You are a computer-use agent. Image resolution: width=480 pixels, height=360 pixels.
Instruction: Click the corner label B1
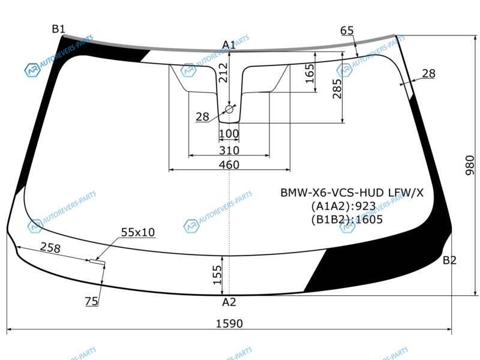(58, 29)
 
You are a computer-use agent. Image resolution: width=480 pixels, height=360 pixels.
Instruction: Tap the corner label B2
(449, 260)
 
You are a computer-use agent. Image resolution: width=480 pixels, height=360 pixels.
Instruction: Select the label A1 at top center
(229, 45)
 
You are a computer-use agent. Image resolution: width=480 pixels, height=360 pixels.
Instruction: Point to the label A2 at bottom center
(229, 302)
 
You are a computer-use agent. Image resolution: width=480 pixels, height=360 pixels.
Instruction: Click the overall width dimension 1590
(229, 323)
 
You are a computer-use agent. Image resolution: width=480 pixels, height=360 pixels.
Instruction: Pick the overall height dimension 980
(470, 166)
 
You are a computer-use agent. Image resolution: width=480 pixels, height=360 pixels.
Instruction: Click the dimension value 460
(229, 164)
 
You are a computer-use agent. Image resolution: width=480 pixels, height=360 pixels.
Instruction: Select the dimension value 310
(229, 151)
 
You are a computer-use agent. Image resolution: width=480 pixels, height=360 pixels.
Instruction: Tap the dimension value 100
(229, 134)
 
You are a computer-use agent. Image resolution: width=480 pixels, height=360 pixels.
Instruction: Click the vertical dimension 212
(223, 73)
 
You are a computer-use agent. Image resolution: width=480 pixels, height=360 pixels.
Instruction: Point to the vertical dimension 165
(310, 73)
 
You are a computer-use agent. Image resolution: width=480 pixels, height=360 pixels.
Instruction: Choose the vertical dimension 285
(337, 89)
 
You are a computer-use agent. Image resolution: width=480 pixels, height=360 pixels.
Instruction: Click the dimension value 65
(347, 31)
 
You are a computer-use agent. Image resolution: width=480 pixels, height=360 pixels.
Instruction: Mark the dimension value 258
(50, 248)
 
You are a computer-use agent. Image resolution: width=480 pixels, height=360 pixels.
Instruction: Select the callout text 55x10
(138, 232)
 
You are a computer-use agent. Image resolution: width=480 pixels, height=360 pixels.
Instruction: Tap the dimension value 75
(92, 301)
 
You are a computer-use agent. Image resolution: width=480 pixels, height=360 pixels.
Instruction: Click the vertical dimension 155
(217, 275)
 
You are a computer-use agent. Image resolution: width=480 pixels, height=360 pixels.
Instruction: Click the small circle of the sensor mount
(229, 109)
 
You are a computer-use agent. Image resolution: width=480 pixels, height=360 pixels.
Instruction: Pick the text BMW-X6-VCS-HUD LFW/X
(352, 193)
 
